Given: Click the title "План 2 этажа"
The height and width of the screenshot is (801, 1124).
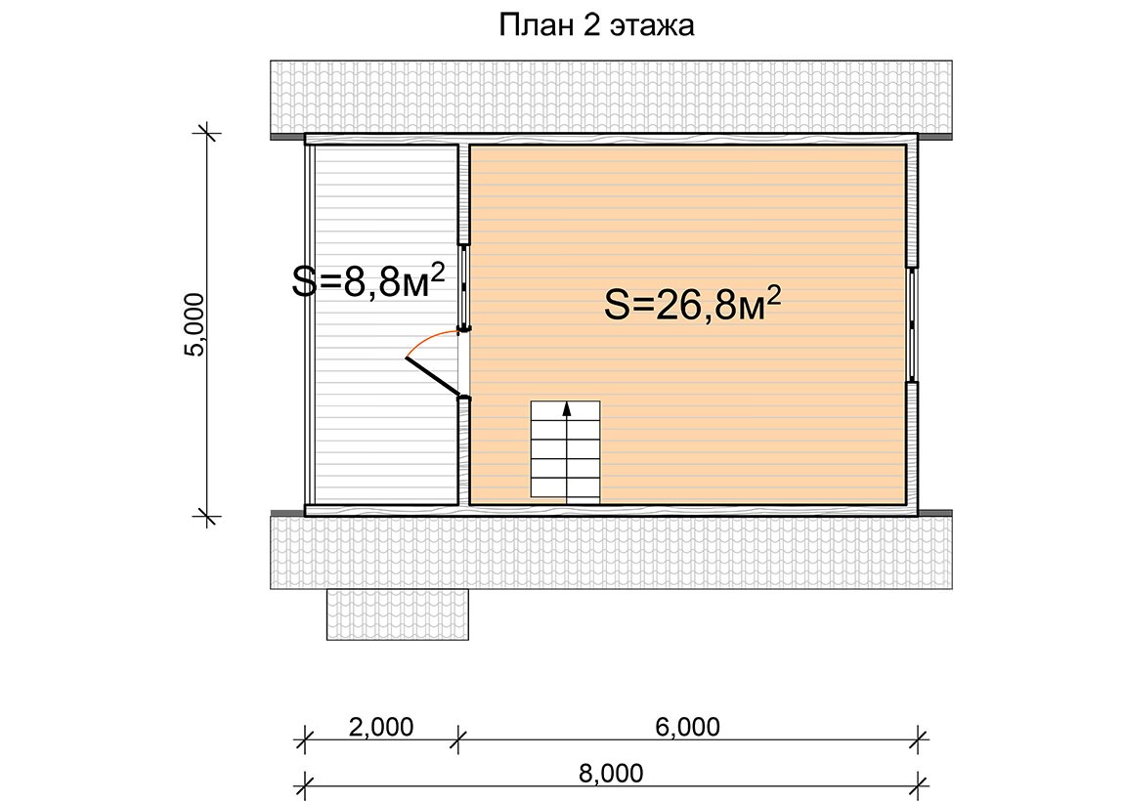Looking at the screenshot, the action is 596,25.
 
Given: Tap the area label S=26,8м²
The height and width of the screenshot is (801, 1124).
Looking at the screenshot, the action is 692,304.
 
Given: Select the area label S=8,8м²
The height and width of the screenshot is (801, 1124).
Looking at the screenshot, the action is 368,280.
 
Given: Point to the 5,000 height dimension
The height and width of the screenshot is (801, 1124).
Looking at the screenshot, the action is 195,324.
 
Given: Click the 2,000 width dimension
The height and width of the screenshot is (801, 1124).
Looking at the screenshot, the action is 381,727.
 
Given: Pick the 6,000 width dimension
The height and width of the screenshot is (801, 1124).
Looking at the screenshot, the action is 687,727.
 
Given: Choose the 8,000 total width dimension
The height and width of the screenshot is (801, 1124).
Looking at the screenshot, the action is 611,773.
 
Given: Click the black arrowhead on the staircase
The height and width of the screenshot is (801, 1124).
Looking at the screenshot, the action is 566,409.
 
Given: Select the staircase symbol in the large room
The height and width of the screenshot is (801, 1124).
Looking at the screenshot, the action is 565,449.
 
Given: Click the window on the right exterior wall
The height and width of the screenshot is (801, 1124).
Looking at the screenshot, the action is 913,324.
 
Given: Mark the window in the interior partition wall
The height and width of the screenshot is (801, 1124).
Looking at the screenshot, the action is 464,286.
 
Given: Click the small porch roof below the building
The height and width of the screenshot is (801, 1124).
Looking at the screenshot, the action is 398,614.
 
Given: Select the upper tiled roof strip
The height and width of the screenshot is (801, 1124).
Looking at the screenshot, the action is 612,98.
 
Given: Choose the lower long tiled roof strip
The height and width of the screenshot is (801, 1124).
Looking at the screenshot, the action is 612,552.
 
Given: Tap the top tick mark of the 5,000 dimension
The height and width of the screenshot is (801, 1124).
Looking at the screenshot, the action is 208,133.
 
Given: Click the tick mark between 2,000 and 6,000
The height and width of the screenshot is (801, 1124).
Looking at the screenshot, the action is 458,738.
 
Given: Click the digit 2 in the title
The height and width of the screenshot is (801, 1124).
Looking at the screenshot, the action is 587,25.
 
